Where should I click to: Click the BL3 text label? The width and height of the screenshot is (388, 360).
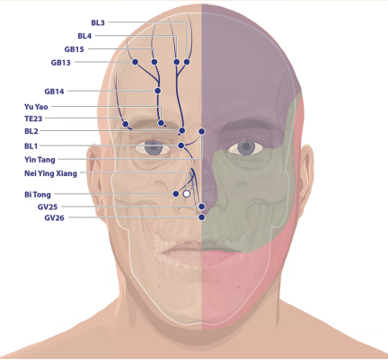point(98,22)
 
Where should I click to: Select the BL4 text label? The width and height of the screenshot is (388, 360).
point(84,36)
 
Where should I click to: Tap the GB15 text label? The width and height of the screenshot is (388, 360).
point(74,49)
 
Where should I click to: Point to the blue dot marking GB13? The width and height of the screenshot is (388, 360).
point(135,62)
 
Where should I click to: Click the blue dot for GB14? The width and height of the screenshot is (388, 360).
point(158,91)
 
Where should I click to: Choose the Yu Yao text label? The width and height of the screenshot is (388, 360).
point(36,107)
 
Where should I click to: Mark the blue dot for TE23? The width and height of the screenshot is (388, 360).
point(126,124)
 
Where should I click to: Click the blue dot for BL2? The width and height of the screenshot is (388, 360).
point(182,131)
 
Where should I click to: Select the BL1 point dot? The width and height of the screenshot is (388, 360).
point(181,145)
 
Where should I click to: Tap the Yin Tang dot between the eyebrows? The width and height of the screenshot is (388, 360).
point(202,131)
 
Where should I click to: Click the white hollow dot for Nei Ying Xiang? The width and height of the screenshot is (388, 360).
point(187,194)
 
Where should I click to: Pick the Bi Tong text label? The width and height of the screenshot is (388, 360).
point(38,195)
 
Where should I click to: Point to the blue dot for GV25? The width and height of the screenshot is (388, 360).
point(202,206)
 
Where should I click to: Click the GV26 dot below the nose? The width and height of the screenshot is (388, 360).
point(202,217)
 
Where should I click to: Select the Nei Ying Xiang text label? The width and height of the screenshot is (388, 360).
point(50,173)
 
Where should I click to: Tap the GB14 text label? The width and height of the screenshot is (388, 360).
point(54,92)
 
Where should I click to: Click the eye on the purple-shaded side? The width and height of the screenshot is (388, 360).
point(246,148)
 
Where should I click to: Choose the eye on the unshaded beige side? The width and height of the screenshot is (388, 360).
point(153,148)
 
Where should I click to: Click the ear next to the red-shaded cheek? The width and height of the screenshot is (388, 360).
point(306,174)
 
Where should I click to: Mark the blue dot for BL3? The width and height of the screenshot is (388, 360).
point(187,62)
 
